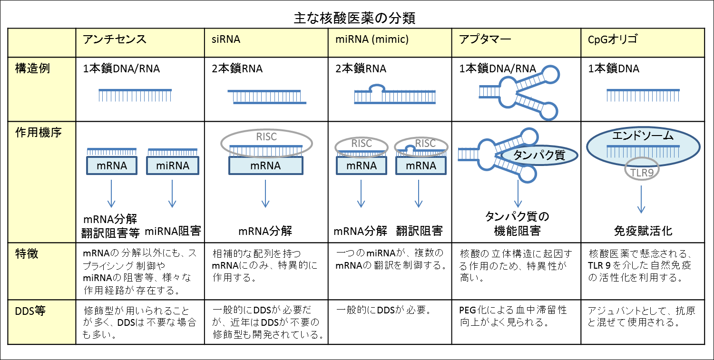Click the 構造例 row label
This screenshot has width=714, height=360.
[33, 68]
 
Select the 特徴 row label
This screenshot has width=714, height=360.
[27, 254]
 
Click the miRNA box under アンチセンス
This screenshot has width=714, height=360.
[172, 165]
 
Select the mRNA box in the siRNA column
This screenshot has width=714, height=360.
[265, 165]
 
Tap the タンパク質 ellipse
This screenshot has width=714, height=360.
[539, 156]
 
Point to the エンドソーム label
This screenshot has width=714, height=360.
[642, 136]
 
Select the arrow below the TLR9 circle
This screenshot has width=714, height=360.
[641, 199]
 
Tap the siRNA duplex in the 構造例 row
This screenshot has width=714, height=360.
[266, 97]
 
